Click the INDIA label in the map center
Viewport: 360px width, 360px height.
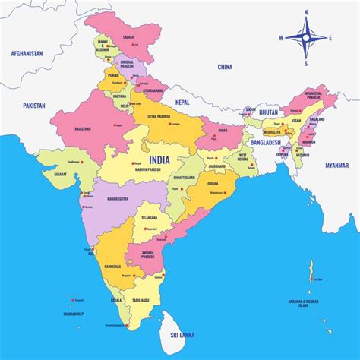[159, 159]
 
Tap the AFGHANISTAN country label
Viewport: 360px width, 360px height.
[27, 54]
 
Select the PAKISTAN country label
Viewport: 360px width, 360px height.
[36, 106]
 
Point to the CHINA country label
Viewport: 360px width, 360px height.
[225, 67]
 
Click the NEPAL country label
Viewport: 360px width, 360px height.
[182, 101]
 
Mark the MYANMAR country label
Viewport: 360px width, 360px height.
[336, 165]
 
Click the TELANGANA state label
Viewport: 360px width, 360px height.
[149, 218]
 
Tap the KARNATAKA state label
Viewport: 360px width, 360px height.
[113, 267]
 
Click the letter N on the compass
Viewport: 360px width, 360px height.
[306, 12]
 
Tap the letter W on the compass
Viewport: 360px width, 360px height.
[280, 38]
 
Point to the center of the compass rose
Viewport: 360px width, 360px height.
[306, 38]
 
